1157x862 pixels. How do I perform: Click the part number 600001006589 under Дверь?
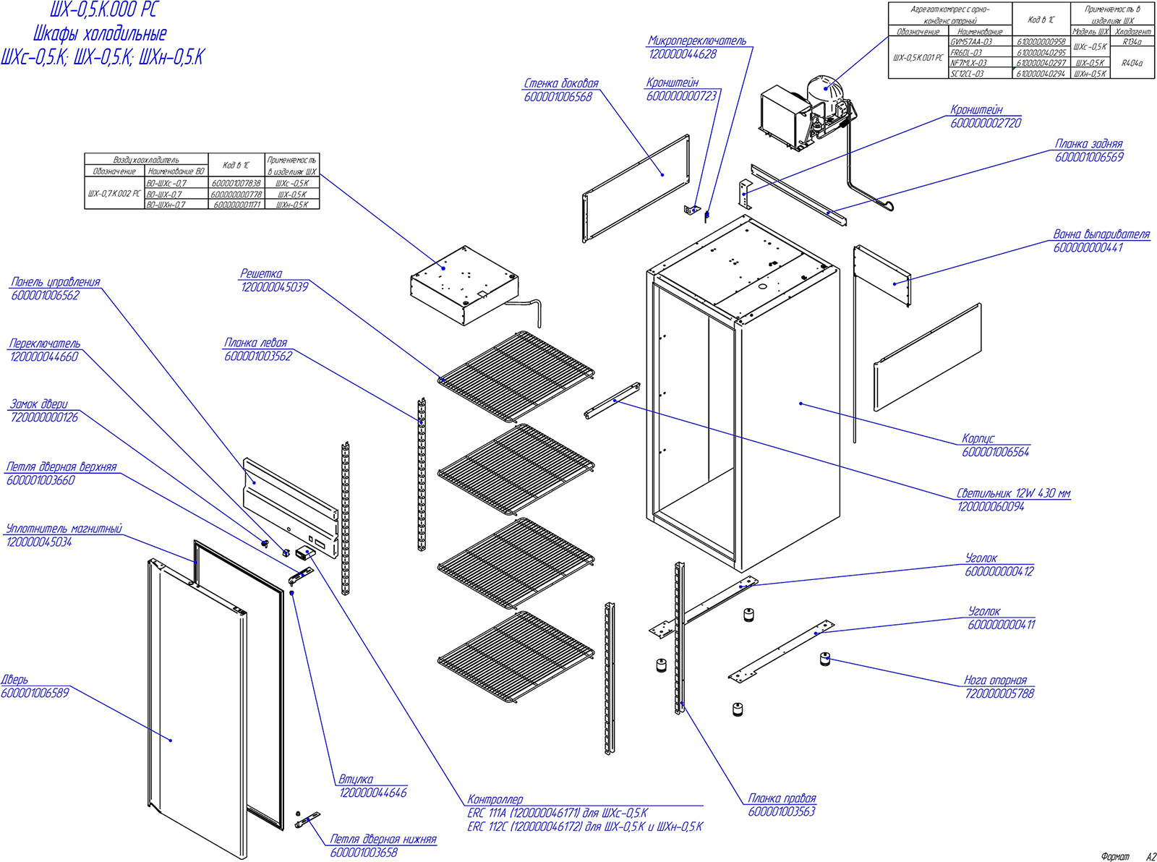[x=35, y=693]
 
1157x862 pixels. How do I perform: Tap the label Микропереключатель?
[x=697, y=41]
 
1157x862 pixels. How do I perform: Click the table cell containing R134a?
[x=1132, y=42]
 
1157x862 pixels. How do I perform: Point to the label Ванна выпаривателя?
[x=1101, y=234]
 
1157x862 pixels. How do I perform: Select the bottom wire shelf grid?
[x=516, y=655]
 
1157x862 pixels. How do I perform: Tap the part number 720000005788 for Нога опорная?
[x=999, y=694]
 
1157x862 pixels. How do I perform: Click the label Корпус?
[x=978, y=438]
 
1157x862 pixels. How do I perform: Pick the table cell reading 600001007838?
[x=236, y=184]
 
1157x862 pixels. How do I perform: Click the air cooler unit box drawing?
[x=463, y=286]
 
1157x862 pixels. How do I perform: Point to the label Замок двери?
[x=38, y=404]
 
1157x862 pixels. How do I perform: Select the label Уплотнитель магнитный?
[x=64, y=529]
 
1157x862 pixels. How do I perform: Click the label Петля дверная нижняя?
[x=383, y=839]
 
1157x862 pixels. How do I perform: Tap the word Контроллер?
[x=495, y=799]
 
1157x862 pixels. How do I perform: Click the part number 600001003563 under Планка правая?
[x=782, y=811]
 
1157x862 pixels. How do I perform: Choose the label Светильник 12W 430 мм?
[x=1013, y=493]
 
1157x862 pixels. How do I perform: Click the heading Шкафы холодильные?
[x=100, y=33]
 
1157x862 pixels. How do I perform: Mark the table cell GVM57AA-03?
[x=970, y=42]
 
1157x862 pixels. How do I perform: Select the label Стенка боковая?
[x=561, y=84]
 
